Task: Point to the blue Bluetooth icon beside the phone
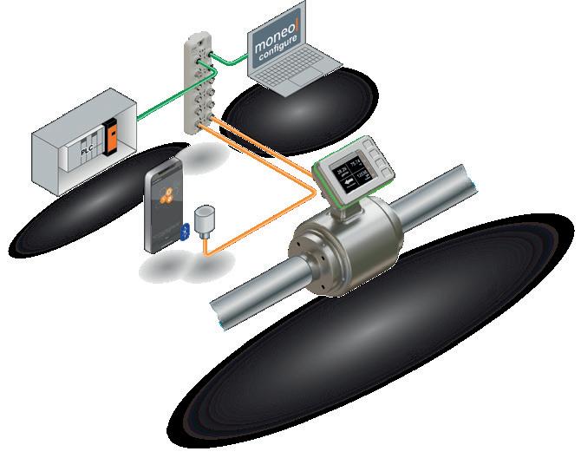(184, 232)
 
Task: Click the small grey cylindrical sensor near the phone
(205, 221)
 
